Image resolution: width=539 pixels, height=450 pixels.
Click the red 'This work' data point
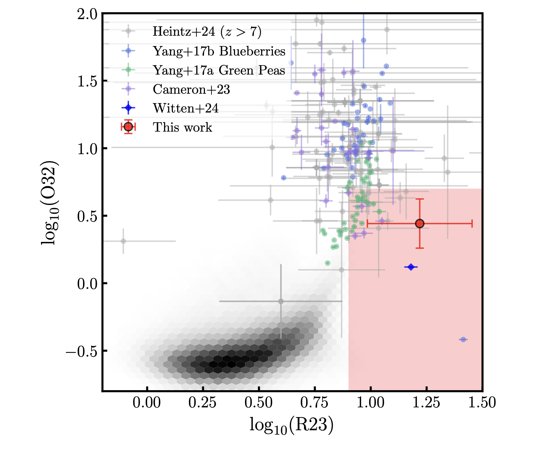pyautogui.click(x=420, y=223)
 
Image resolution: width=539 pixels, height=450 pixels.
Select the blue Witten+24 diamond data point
pyautogui.click(x=411, y=267)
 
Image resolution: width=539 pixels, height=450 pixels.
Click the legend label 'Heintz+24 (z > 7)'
pyautogui.click(x=207, y=32)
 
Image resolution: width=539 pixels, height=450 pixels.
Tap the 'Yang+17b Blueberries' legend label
pyautogui.click(x=219, y=51)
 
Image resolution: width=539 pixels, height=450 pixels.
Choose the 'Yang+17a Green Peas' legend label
pyautogui.click(x=219, y=70)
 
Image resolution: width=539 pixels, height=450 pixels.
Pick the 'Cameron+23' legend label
pyautogui.click(x=191, y=89)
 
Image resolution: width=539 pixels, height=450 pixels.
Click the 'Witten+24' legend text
pyautogui.click(x=186, y=108)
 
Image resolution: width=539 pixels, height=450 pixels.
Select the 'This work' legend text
pyautogui.click(x=182, y=127)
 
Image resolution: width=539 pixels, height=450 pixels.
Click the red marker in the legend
pyautogui.click(x=128, y=127)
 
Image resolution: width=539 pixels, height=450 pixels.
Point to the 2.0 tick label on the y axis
pyautogui.click(x=87, y=14)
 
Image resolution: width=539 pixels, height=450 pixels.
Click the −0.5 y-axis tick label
pyautogui.click(x=81, y=351)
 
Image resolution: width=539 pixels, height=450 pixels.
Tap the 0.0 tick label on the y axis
pyautogui.click(x=87, y=284)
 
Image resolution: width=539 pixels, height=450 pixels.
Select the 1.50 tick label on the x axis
pyautogui.click(x=482, y=403)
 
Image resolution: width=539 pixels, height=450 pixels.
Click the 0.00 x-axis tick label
pyautogui.click(x=147, y=403)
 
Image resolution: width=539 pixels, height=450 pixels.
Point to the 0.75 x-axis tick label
pyautogui.click(x=314, y=403)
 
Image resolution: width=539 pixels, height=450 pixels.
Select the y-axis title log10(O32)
pyautogui.click(x=50, y=203)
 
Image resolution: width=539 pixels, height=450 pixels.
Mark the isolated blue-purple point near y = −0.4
pyautogui.click(x=463, y=339)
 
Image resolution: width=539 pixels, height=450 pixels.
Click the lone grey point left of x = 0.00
pyautogui.click(x=123, y=241)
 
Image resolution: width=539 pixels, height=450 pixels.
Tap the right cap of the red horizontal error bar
pyautogui.click(x=472, y=223)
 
